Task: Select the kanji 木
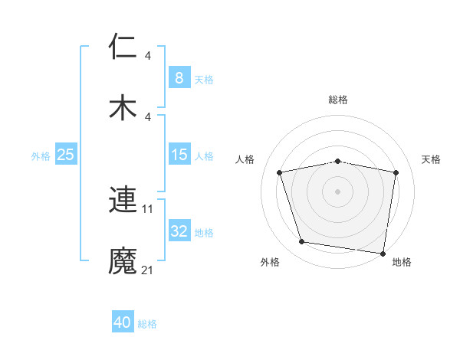(123, 106)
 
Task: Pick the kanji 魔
(123, 260)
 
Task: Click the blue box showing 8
(179, 77)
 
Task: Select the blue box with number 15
(179, 155)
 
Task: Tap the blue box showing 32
(179, 232)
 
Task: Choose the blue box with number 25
(65, 155)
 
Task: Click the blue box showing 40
(123, 322)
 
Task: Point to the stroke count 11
(148, 208)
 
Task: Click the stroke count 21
(148, 270)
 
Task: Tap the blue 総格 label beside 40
(148, 324)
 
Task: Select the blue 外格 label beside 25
(41, 156)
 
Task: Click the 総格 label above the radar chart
(338, 100)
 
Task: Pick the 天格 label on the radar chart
(432, 159)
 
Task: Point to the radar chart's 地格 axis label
(402, 262)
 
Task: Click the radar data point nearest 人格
(280, 172)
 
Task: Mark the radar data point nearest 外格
(301, 242)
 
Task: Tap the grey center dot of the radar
(338, 191)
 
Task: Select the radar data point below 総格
(338, 161)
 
